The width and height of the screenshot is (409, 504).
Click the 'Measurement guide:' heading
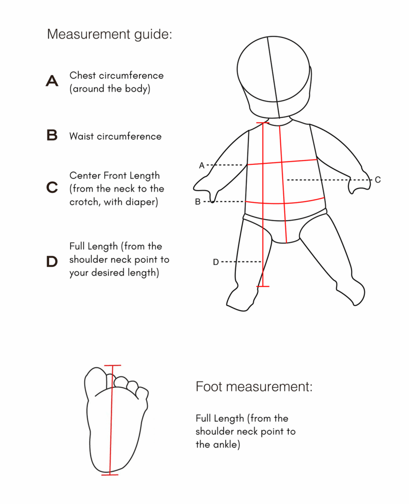[110, 34]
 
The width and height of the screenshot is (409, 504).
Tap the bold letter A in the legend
[52, 81]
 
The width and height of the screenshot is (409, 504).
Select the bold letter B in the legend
[52, 135]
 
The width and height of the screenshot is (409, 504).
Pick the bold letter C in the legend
[52, 188]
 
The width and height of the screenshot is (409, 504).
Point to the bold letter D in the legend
[52, 262]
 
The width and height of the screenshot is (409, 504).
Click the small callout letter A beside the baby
[202, 165]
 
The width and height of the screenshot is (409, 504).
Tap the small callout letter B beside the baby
[198, 202]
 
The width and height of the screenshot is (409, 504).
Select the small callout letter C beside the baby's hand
[378, 180]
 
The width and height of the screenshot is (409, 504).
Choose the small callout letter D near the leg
[216, 262]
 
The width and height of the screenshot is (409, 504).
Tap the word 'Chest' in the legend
[83, 75]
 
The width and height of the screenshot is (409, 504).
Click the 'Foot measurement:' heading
[254, 387]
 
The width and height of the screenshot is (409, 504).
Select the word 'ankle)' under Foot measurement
[227, 444]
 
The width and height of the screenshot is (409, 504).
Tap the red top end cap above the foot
[113, 366]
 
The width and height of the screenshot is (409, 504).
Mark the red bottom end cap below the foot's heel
[110, 474]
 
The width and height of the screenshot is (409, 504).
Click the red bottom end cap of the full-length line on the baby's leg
[263, 286]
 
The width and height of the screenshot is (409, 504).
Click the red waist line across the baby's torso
[285, 202]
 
